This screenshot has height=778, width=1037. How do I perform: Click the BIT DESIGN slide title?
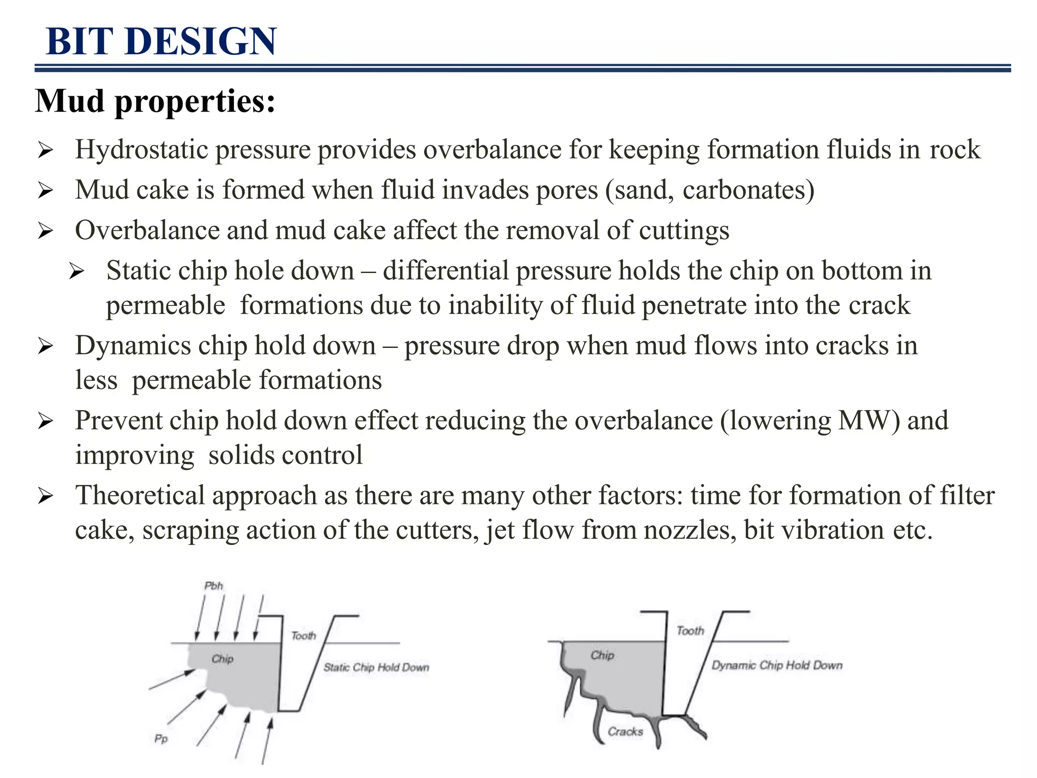(161, 42)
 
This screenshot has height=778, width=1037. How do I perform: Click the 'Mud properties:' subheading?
(155, 101)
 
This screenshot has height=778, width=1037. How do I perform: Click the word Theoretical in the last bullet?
(140, 495)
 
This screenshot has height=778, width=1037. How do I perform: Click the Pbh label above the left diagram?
(213, 586)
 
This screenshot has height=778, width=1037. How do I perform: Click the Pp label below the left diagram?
(161, 739)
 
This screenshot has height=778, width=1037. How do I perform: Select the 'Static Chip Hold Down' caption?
(376, 668)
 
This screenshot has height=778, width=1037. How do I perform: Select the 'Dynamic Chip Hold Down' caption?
(777, 666)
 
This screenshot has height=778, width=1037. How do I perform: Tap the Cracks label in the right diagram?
(625, 731)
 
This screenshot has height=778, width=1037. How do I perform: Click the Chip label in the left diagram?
(222, 659)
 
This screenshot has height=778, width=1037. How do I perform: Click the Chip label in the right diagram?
(602, 655)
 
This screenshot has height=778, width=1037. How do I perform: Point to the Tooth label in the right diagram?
(690, 631)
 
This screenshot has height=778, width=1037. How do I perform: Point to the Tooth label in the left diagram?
(303, 636)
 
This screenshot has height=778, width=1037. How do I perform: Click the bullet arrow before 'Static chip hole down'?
(76, 272)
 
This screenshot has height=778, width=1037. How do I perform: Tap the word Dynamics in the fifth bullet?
(133, 346)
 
